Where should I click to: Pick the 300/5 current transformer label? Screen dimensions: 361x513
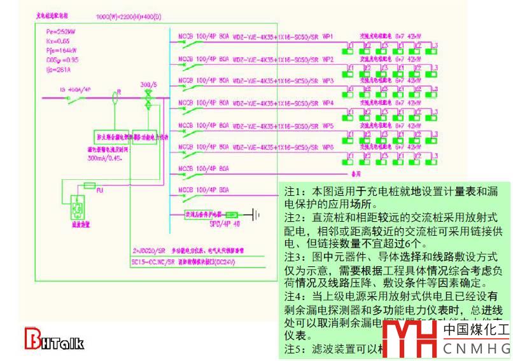(x=149, y=84)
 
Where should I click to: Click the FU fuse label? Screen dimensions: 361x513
(x=97, y=189)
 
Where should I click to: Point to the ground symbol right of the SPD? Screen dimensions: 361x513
(x=256, y=215)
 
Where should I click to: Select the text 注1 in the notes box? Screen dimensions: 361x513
(x=294, y=191)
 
